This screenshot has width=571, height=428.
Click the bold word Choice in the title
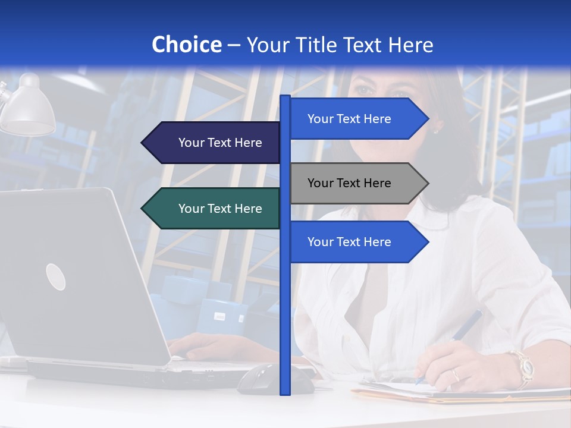tap(186, 45)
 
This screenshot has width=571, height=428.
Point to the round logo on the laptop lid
tap(55, 276)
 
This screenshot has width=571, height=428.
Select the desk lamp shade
tap(28, 110)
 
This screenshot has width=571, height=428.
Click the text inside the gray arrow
tap(349, 183)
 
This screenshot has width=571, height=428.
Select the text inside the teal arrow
tap(220, 209)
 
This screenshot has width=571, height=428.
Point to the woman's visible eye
tap(363, 90)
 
